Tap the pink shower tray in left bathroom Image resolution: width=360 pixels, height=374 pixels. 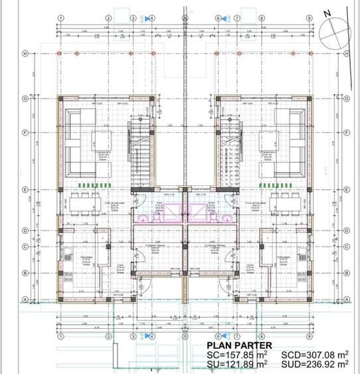click(173, 212)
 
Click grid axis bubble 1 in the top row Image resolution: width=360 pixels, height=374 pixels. click(60, 18)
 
